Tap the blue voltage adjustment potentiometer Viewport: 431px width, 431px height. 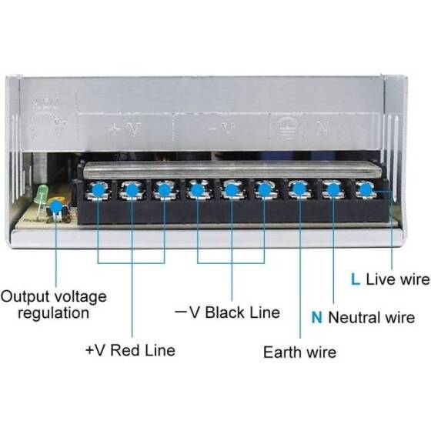[x=55, y=208]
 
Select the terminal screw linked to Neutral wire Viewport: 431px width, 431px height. [x=332, y=189]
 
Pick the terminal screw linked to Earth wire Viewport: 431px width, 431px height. [x=299, y=189]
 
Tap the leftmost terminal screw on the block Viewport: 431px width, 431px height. [x=98, y=189]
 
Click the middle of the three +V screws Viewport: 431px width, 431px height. [x=131, y=189]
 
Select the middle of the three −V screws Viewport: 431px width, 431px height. [x=231, y=189]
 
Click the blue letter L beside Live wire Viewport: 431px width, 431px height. [x=355, y=279]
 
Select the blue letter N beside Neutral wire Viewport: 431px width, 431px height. [x=316, y=317]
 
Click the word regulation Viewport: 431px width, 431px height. [x=53, y=313]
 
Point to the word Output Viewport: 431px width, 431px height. [x=26, y=296]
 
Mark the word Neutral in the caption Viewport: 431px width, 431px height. [x=355, y=317]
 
